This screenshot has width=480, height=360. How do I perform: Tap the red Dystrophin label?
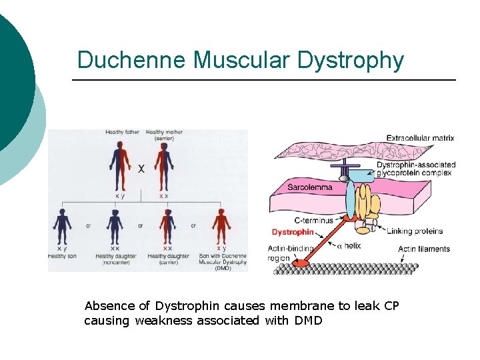click(x=293, y=232)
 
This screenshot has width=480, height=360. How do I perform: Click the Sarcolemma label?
click(x=309, y=187)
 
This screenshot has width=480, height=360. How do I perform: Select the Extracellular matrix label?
click(x=420, y=139)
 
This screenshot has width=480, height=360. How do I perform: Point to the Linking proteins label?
click(x=414, y=231)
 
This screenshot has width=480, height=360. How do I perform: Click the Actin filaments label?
click(x=423, y=249)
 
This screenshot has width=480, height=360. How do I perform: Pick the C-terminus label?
click(x=313, y=220)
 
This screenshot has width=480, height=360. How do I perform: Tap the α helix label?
click(x=348, y=246)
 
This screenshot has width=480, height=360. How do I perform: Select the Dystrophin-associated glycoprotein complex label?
click(x=415, y=169)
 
